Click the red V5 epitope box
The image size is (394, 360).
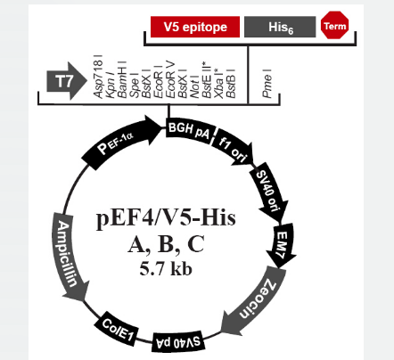(195, 27)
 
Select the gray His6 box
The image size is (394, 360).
(280, 27)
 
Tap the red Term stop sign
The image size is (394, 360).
(335, 25)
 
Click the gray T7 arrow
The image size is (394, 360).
(67, 81)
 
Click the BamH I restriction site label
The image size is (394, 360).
(122, 79)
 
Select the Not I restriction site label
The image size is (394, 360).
(194, 86)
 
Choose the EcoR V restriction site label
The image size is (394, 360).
(170, 80)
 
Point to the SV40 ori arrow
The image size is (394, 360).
(269, 192)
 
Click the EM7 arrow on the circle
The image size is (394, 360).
(281, 244)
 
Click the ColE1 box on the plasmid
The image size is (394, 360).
(118, 329)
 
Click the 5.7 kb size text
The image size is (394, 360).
(166, 269)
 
